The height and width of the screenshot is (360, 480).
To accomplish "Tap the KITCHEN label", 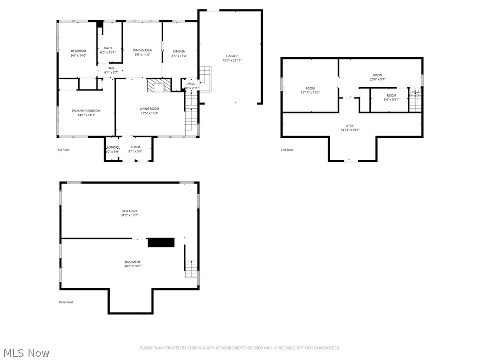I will tap(179, 52).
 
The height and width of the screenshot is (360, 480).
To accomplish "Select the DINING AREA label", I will tap(142, 50).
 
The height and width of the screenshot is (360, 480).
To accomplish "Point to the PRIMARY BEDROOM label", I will tap(86, 111).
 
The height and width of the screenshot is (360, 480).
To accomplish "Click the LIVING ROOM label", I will tap(149, 109).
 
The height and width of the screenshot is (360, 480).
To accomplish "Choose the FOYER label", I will tap(135, 147).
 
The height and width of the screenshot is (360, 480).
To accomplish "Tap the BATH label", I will tap(108, 48).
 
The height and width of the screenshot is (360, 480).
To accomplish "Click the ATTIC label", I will tap(350, 126).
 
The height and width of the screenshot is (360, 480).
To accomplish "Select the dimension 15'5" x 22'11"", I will tap(232, 60).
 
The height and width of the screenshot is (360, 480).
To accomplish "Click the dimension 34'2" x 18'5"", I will tap(133, 266).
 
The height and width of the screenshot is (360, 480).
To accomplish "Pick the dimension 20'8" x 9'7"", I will tap(377, 79).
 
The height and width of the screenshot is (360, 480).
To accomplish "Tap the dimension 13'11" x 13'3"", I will tap(310, 92).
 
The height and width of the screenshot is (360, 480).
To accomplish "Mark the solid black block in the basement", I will tap(161, 242).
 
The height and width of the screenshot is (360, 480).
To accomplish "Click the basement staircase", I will tap(191, 268).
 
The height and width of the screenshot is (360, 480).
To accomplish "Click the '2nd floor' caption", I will tap(287, 150).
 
